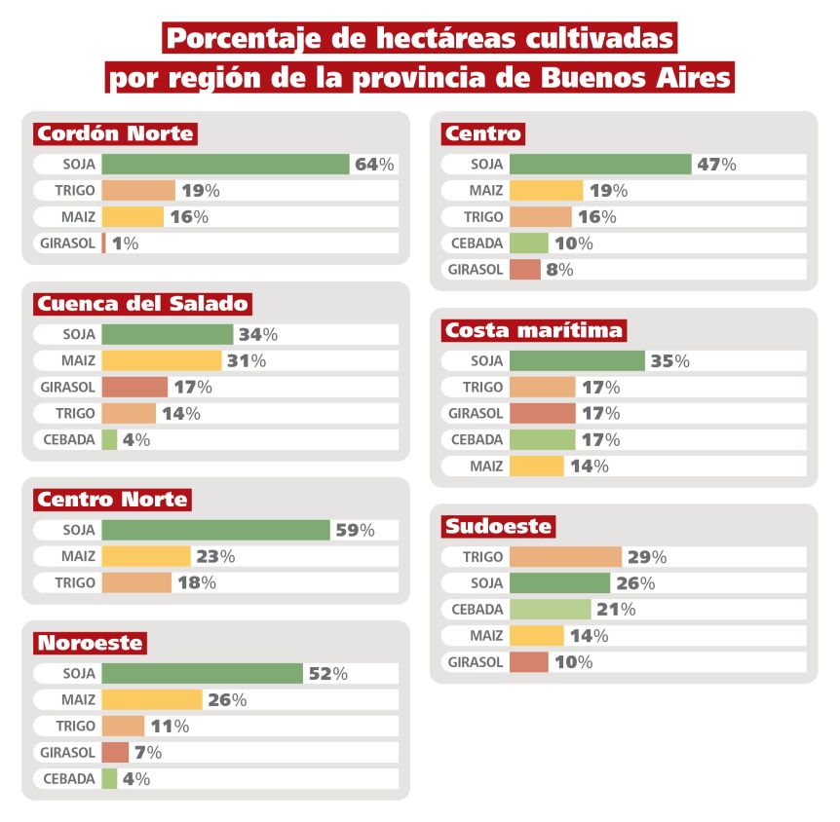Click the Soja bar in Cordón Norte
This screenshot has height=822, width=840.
pyautogui.click(x=225, y=165)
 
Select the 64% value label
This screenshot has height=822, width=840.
pyautogui.click(x=374, y=165)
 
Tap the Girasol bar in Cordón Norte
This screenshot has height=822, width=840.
pyautogui.click(x=103, y=243)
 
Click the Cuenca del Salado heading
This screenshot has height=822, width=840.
pyautogui.click(x=142, y=304)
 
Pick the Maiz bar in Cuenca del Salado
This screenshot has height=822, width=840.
pyautogui.click(x=161, y=360)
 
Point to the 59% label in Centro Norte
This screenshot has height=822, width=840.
pyautogui.click(x=355, y=531)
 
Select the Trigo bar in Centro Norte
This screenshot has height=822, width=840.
pyautogui.click(x=136, y=583)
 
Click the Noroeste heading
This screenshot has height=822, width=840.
pyautogui.click(x=90, y=643)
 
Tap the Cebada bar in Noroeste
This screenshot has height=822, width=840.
pyautogui.click(x=109, y=779)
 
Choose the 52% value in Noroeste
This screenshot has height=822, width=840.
pyautogui.click(x=327, y=674)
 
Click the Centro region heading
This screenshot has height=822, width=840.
pyautogui.click(x=483, y=133)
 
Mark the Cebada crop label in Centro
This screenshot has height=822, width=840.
pyautogui.click(x=477, y=243)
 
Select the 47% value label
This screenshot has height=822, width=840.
pyautogui.click(x=716, y=165)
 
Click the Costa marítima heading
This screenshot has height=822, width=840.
pyautogui.click(x=533, y=330)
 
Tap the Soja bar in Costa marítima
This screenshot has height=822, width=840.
pyautogui.click(x=577, y=361)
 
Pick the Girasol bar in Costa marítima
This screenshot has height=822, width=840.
pyautogui.click(x=542, y=414)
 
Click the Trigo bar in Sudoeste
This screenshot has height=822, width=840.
pyautogui.click(x=565, y=557)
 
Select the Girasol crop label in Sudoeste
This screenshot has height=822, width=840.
pyautogui.click(x=476, y=662)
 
